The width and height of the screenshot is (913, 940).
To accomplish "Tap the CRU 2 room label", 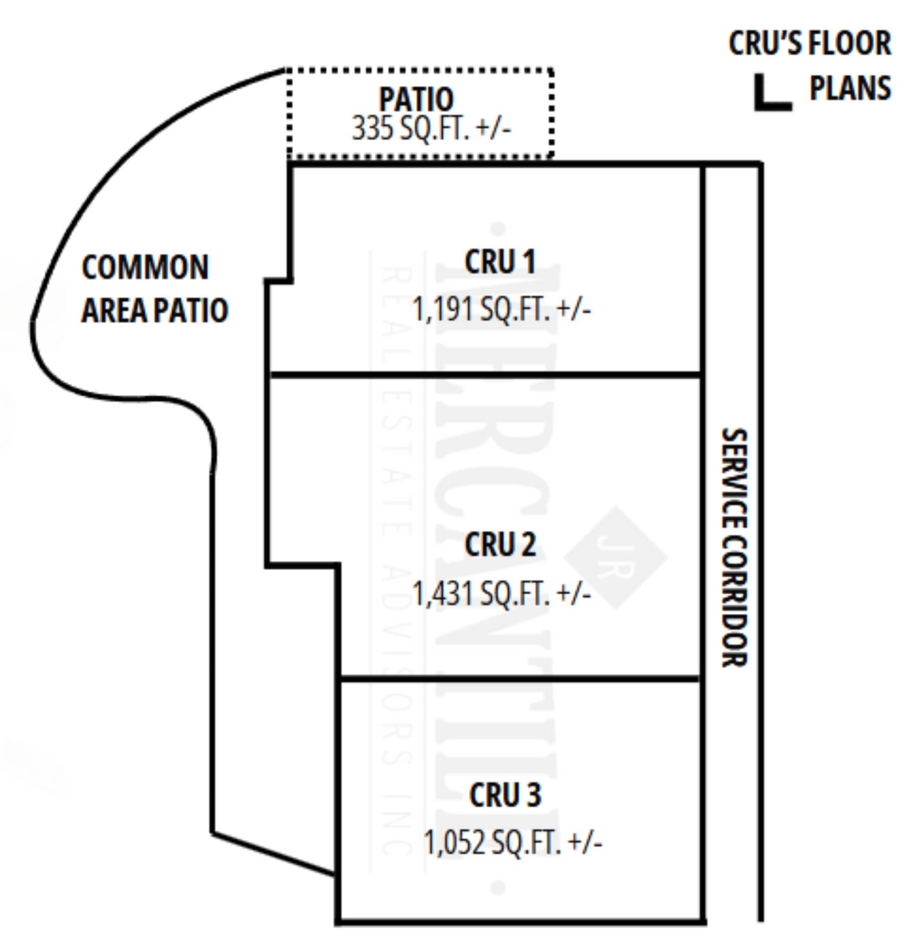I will click(x=500, y=545).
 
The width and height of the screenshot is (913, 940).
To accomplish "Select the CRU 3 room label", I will click(x=505, y=795).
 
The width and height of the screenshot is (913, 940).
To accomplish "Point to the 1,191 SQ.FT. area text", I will click(x=502, y=309).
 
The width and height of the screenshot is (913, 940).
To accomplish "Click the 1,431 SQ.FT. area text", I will click(x=502, y=594).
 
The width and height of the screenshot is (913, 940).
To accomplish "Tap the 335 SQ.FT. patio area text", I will click(x=431, y=129).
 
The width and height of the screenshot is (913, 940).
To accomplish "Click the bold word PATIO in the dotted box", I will click(x=416, y=99).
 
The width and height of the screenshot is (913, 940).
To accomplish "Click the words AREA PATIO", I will click(x=154, y=310).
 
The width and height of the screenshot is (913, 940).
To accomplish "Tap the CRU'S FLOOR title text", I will click(x=810, y=43).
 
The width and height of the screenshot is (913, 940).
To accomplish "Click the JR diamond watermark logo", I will click(x=615, y=557).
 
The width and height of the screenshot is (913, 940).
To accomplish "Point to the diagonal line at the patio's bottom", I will click(x=273, y=854).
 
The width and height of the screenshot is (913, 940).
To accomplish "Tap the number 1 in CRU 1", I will click(x=528, y=263).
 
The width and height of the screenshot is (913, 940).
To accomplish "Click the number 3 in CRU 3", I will click(x=533, y=795).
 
